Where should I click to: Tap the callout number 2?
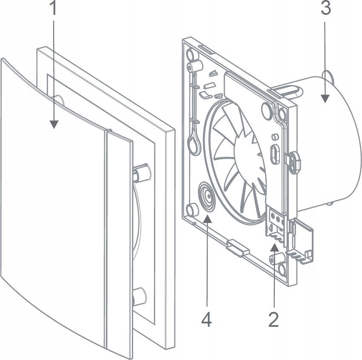tap(274, 319)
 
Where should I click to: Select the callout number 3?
tap(325, 9)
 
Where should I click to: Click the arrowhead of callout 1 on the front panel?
tap(54, 124)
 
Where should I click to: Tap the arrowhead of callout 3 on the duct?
tap(325, 99)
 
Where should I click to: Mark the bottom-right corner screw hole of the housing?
tap(282, 267)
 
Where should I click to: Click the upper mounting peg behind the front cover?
tap(141, 172)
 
